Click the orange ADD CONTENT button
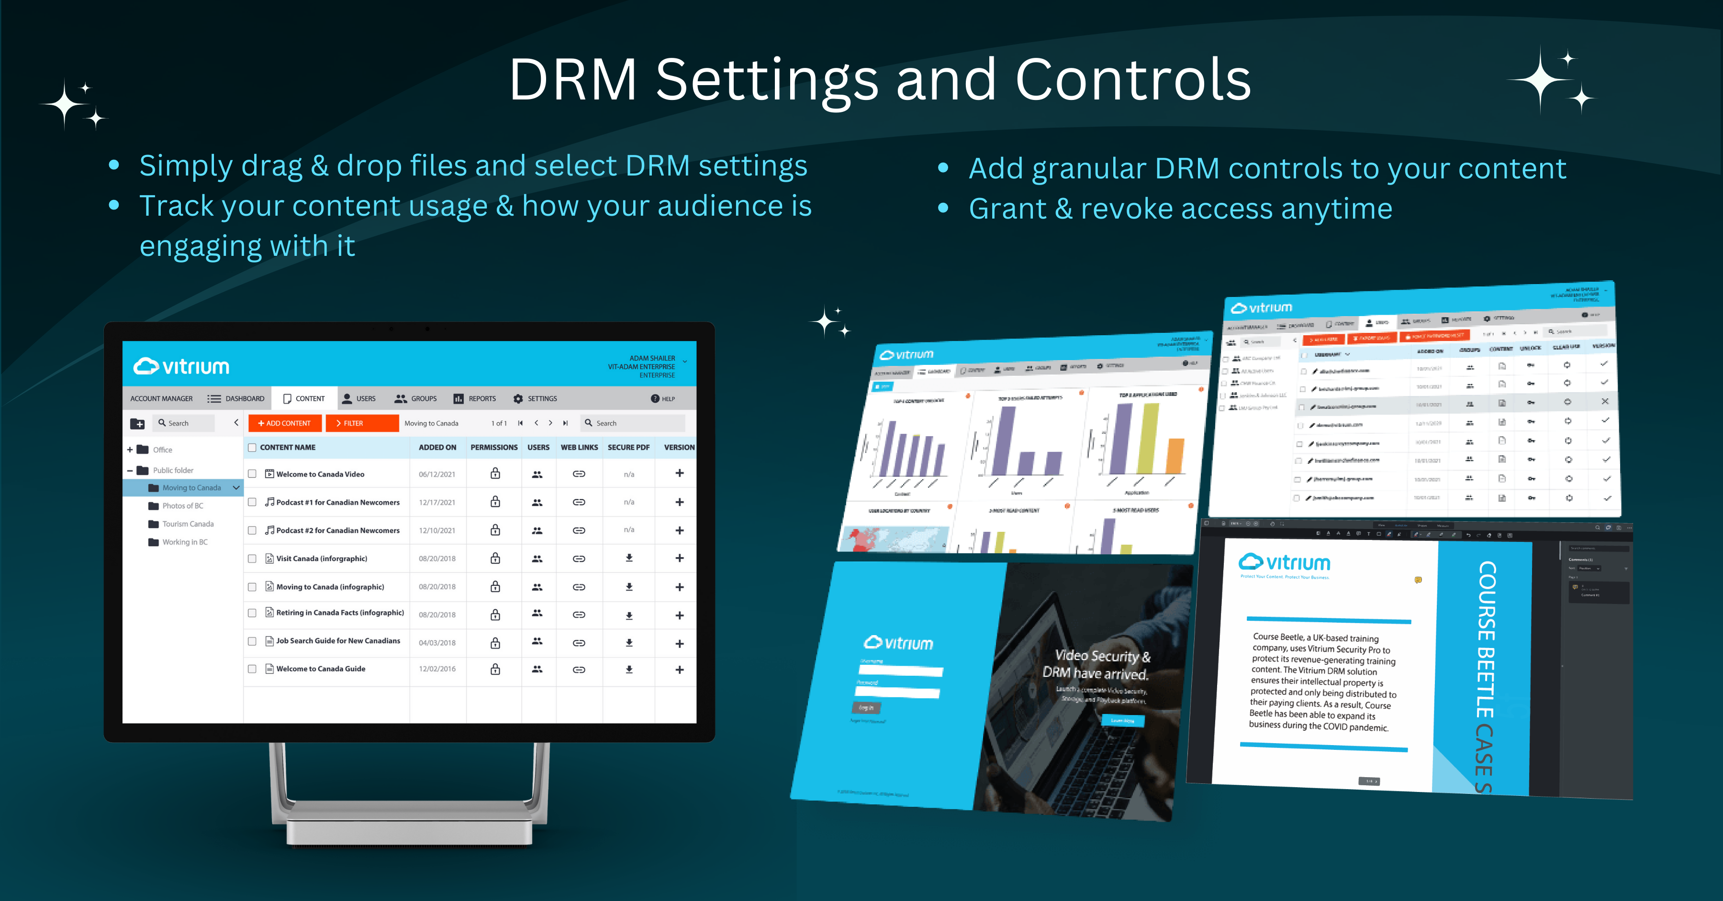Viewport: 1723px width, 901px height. [x=284, y=423]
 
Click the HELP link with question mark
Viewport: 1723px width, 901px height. [x=663, y=399]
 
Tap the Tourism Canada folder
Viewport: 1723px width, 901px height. [x=187, y=524]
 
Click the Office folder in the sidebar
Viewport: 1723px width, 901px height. [x=162, y=450]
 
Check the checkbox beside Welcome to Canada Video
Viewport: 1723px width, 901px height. [x=252, y=474]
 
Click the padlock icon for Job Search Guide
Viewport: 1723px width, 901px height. [x=495, y=643]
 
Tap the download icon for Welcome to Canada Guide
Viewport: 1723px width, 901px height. [x=629, y=669]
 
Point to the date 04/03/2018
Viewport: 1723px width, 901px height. [x=437, y=643]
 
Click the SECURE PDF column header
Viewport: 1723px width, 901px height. [x=628, y=447]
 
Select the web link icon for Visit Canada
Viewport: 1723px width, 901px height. [x=579, y=558]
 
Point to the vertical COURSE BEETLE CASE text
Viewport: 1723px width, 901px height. [x=1486, y=675]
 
